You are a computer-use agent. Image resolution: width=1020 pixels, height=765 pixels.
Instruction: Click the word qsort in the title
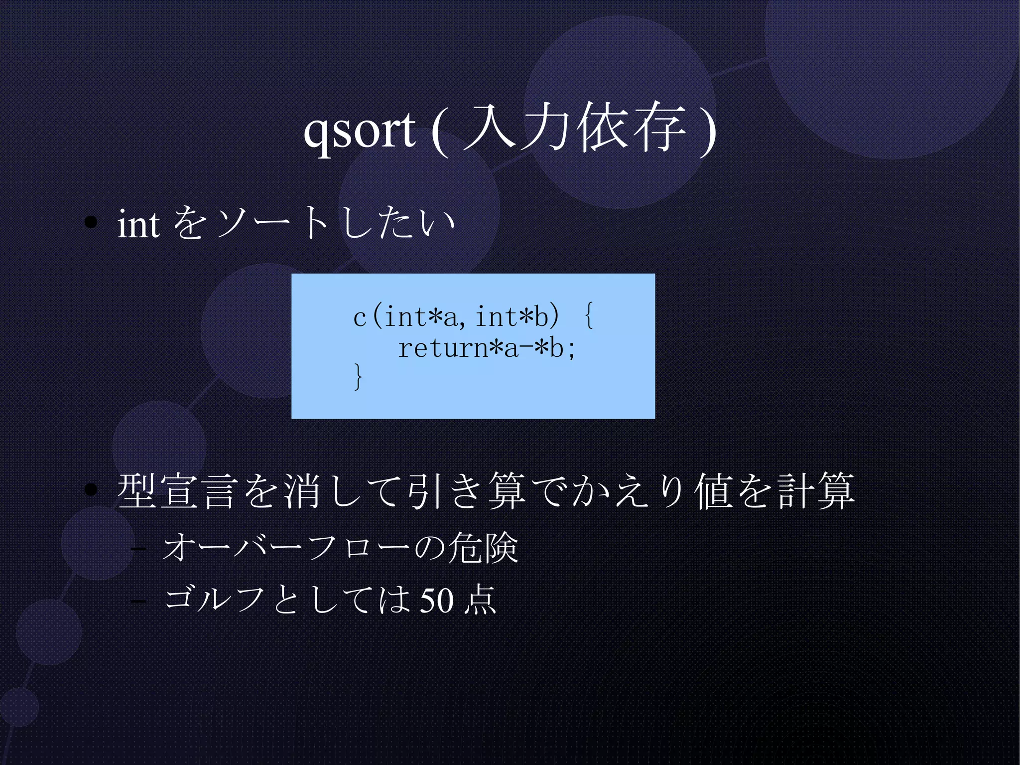(x=359, y=131)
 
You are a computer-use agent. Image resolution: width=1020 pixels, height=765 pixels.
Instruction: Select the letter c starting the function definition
(x=360, y=317)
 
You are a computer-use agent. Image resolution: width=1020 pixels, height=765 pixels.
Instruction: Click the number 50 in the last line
(x=437, y=600)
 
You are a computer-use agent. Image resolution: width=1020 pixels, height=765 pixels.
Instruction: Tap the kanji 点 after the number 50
(x=480, y=600)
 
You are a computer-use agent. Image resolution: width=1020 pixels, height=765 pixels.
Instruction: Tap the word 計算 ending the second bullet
(x=815, y=491)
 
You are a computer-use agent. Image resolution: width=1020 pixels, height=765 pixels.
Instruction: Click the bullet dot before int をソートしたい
(x=91, y=223)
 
